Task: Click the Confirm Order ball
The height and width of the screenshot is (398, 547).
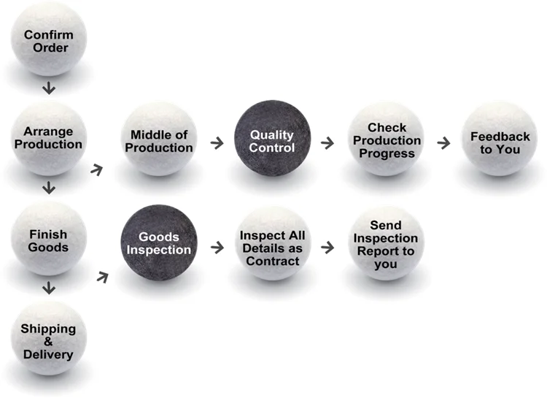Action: click(48, 40)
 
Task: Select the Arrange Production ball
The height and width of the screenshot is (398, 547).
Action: click(48, 138)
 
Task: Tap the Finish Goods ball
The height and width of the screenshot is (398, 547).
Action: click(48, 240)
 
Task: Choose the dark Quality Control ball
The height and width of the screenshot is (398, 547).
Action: click(272, 140)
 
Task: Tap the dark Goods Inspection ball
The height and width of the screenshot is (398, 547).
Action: click(159, 243)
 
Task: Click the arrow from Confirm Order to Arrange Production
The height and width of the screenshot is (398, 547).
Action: click(49, 89)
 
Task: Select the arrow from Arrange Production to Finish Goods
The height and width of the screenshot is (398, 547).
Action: click(49, 188)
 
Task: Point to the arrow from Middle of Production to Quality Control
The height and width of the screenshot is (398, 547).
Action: click(217, 142)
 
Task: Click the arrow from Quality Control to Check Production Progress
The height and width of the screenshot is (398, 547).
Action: click(327, 142)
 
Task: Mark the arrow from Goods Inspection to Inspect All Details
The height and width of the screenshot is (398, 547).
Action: click(217, 248)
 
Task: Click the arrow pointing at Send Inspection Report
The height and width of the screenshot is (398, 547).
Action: click(327, 248)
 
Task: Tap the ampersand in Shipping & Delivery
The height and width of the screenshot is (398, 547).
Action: click(47, 342)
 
